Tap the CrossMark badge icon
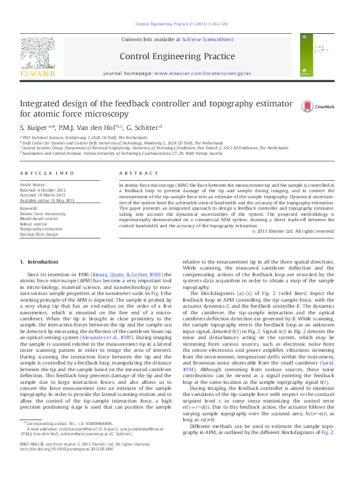click(x=309, y=107)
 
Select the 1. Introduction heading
click(x=39, y=262)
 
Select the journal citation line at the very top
click(x=181, y=24)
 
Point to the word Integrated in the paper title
click(x=40, y=103)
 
